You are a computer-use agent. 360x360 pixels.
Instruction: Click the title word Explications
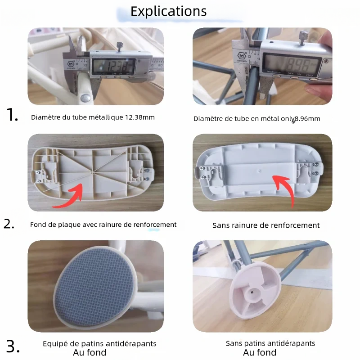pos(169,11)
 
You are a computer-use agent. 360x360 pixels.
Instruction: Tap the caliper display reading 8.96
pos(292,63)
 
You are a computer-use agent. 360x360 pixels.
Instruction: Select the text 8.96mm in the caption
pos(307,119)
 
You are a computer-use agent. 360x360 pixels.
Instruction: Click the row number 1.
pos(13,116)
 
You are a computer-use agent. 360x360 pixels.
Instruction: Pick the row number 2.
pos(9,224)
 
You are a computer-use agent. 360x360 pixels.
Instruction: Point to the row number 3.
pos(13,346)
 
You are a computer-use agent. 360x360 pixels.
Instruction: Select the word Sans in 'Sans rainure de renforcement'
pos(220,225)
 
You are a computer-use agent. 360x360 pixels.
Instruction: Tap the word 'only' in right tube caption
pos(286,119)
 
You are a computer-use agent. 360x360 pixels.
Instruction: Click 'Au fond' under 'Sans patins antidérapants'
pos(260,352)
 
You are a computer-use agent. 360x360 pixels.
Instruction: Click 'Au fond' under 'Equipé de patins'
pos(90,352)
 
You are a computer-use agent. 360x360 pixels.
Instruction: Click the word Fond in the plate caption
pos(38,225)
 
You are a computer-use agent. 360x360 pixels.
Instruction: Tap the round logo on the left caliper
pos(71,65)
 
